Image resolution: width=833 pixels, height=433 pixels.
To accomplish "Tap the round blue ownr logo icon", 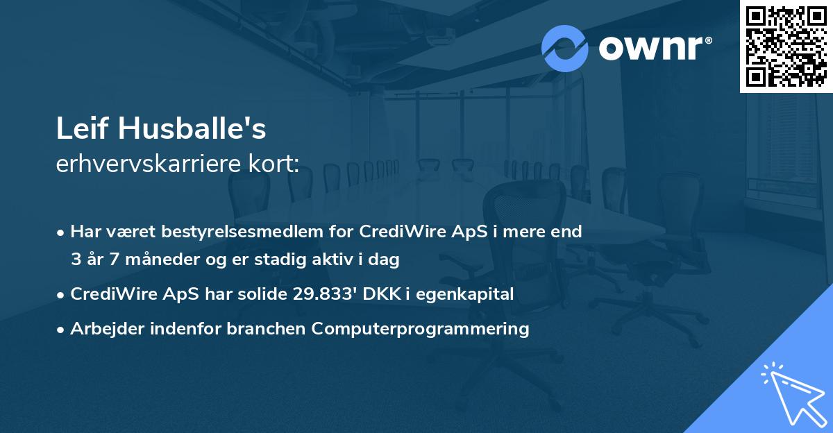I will tap(564, 48).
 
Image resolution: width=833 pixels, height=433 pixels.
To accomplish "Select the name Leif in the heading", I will tap(83, 129).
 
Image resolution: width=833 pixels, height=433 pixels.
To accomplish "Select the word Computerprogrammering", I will tap(421, 328).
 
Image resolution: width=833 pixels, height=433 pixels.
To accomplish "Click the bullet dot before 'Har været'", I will tap(62, 232).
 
